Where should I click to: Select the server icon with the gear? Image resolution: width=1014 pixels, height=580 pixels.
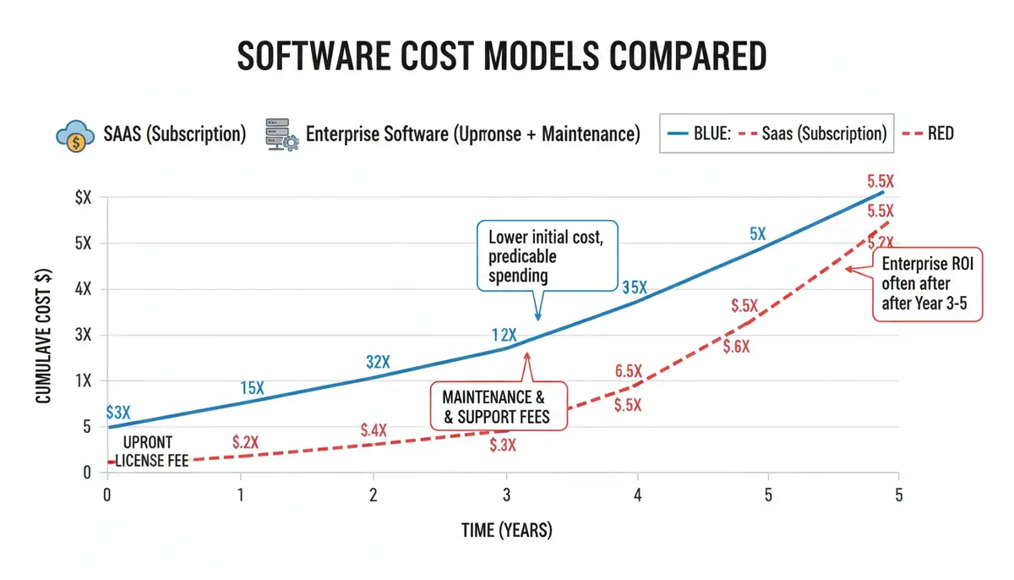pyautogui.click(x=281, y=134)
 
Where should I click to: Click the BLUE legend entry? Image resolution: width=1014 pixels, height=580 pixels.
pyautogui.click(x=701, y=134)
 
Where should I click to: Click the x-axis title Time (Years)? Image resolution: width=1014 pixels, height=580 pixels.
pyautogui.click(x=506, y=530)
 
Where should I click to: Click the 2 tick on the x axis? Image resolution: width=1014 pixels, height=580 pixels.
pyautogui.click(x=373, y=495)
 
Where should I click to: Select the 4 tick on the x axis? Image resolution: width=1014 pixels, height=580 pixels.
pyautogui.click(x=637, y=495)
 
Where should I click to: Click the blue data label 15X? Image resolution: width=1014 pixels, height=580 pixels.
pyautogui.click(x=252, y=388)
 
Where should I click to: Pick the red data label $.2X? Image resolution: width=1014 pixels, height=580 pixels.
pyautogui.click(x=245, y=441)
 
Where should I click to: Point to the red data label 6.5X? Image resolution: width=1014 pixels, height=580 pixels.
pyautogui.click(x=630, y=370)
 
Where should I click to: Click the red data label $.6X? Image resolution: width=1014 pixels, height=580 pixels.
pyautogui.click(x=736, y=346)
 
